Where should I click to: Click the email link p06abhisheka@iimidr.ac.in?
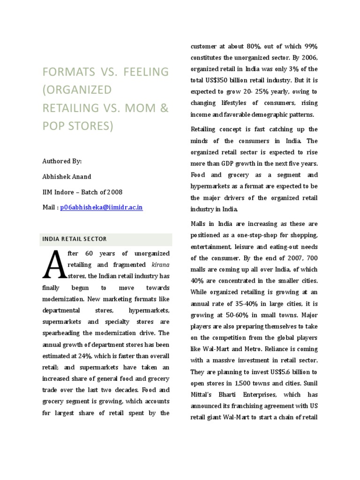click(x=102, y=207)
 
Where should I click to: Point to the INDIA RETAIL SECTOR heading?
click(x=75, y=239)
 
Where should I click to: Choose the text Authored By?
click(x=62, y=161)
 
